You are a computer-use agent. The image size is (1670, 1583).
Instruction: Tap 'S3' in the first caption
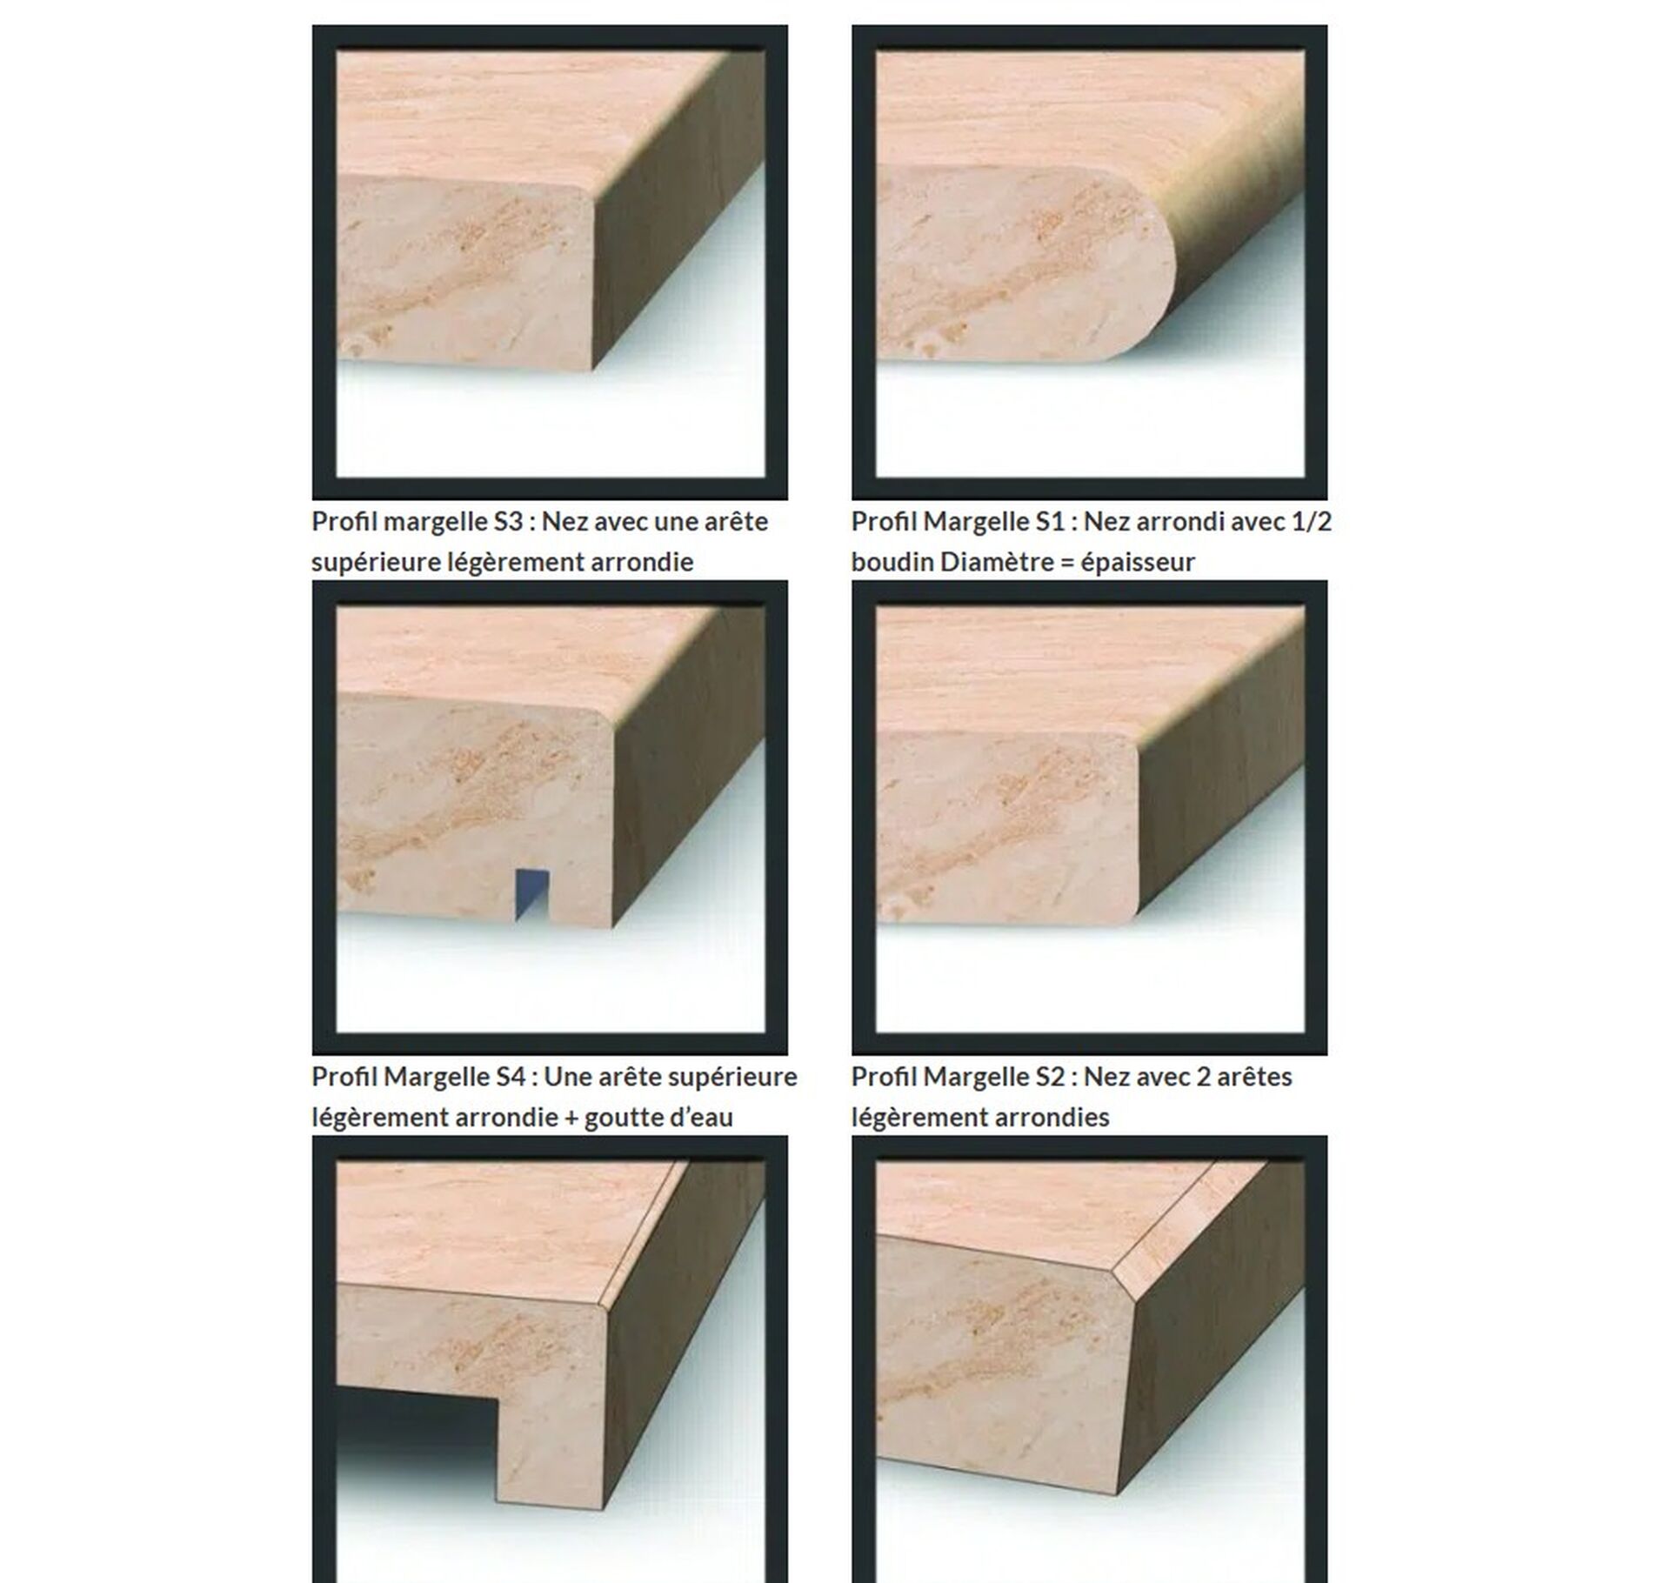pos(508,522)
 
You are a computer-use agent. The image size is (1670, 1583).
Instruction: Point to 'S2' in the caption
pos(1051,1077)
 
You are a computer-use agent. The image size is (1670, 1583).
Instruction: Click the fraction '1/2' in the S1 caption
pos(1314,522)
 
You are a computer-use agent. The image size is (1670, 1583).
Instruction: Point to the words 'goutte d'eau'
pos(658,1118)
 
